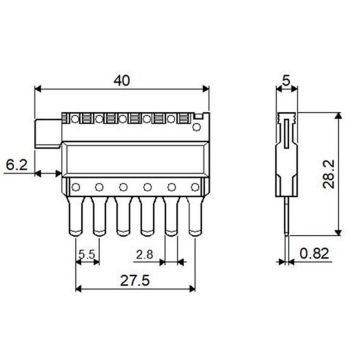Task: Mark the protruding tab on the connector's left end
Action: click(x=46, y=131)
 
